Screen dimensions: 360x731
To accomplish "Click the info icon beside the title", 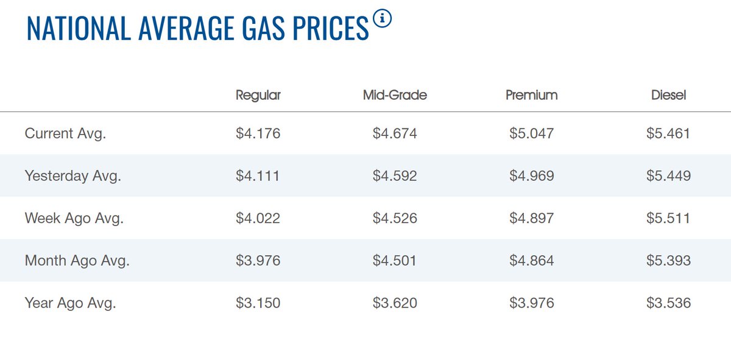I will click(x=383, y=19).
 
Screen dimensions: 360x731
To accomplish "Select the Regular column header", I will click(x=258, y=95).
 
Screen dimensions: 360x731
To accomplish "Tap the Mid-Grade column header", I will click(x=395, y=95).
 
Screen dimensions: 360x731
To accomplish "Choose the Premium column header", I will click(x=531, y=95).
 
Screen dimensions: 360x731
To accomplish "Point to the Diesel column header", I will click(x=668, y=95).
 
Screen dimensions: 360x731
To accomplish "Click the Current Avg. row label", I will click(x=65, y=133).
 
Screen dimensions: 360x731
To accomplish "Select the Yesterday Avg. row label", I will click(x=73, y=176).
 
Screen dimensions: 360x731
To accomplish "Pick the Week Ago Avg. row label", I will click(x=74, y=218).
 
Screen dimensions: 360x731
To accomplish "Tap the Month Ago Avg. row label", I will click(x=77, y=261).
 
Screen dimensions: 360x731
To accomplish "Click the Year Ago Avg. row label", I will click(x=70, y=303).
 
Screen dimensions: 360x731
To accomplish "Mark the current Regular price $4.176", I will click(x=258, y=133).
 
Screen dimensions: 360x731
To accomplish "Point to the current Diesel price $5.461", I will click(x=668, y=133).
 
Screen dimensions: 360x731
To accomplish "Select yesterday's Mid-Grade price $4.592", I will click(x=395, y=176).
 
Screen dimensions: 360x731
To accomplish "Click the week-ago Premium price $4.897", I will click(x=532, y=218).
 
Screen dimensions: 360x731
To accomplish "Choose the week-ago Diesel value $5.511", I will click(x=668, y=218).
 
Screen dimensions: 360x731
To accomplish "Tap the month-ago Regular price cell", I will click(x=258, y=261).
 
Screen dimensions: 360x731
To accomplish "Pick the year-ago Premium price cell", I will click(x=532, y=303).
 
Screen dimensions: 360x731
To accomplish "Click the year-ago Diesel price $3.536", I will click(x=668, y=303).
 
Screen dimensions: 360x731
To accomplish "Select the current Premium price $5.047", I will click(x=532, y=133).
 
